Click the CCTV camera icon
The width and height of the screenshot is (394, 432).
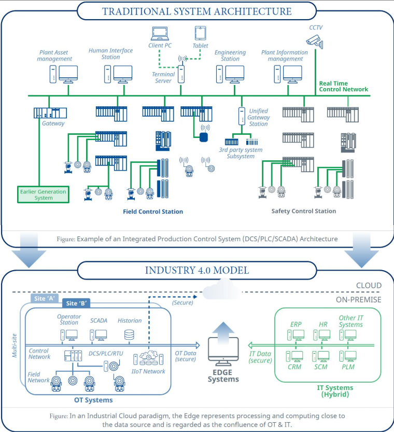point(315,39)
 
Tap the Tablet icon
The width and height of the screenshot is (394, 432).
point(200,34)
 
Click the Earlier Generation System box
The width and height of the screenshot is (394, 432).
point(43,194)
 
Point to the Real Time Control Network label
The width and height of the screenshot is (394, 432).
point(343,86)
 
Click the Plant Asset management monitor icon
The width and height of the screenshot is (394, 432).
point(68,74)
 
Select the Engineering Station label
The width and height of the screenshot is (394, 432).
point(230,55)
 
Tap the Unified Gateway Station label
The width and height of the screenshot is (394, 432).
point(258,117)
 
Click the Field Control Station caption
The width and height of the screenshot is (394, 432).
point(152,212)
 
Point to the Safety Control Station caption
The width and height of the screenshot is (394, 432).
point(303,211)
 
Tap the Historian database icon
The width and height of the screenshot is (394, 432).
point(127,335)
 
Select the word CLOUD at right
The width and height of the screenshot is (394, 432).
point(368,285)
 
